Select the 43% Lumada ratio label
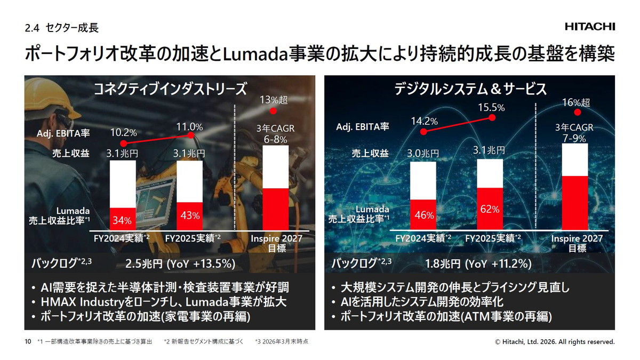point(189,215)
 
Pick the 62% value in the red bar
point(489,209)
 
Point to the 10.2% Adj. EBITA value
point(124,132)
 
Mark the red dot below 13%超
point(274,111)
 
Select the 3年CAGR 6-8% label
point(275,134)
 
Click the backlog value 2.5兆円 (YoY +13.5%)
point(180,263)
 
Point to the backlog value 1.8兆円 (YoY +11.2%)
point(478,263)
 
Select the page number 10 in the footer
point(28,341)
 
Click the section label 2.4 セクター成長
point(61,28)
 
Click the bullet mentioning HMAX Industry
point(164,302)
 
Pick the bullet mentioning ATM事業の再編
point(446,316)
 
